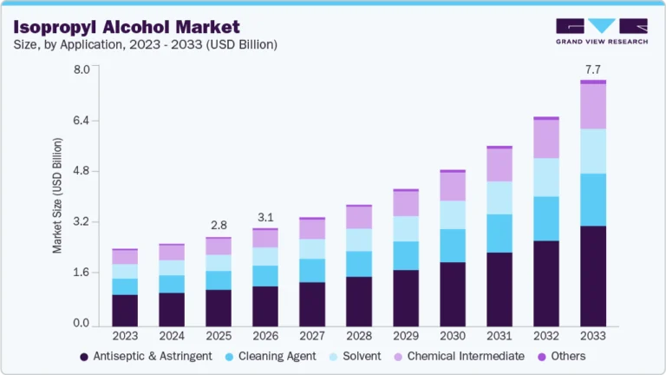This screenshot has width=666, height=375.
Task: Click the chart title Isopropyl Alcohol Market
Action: (127, 26)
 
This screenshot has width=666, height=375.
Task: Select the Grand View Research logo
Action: (602, 30)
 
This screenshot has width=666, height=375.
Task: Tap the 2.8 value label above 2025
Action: (218, 225)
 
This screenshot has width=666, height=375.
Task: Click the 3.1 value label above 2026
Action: (264, 216)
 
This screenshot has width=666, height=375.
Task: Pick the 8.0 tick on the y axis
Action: (81, 69)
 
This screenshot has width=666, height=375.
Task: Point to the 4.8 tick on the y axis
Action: (81, 171)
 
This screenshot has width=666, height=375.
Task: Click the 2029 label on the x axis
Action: (405, 336)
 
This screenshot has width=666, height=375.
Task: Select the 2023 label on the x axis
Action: (124, 336)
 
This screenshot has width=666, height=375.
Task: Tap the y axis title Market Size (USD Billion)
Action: (58, 195)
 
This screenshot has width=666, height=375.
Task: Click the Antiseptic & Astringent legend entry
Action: (146, 356)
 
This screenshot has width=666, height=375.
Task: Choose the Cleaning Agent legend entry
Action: (275, 356)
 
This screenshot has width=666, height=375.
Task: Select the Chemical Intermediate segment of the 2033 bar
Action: (593, 106)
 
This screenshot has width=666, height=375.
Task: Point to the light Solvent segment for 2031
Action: (499, 197)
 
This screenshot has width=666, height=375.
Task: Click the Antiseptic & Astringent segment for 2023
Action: (124, 310)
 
